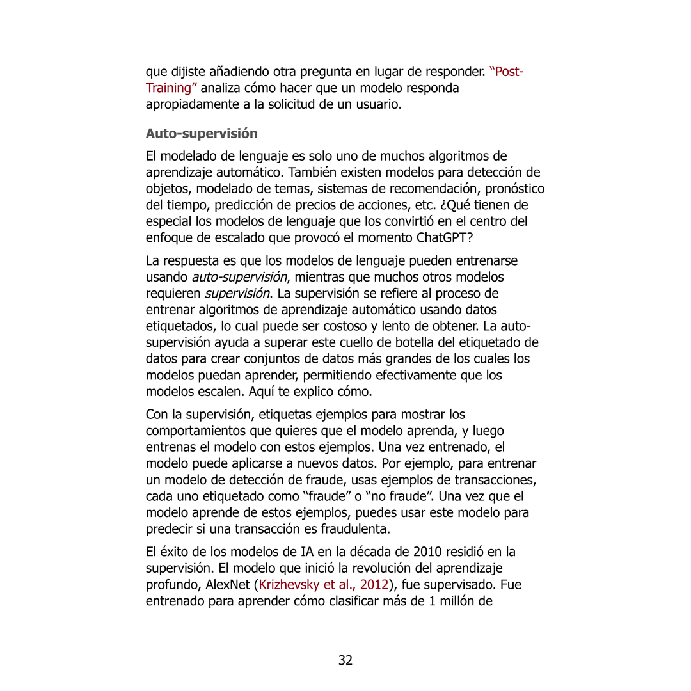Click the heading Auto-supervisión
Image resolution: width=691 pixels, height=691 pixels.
point(201,134)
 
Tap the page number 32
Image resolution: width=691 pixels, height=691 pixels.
point(345,660)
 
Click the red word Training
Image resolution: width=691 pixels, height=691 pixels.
point(168,88)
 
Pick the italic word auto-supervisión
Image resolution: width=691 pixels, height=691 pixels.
point(239,277)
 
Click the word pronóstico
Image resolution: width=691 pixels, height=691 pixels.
point(514,189)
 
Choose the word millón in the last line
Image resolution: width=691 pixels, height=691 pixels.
point(472,601)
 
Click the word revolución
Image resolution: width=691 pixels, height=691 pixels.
point(357,568)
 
